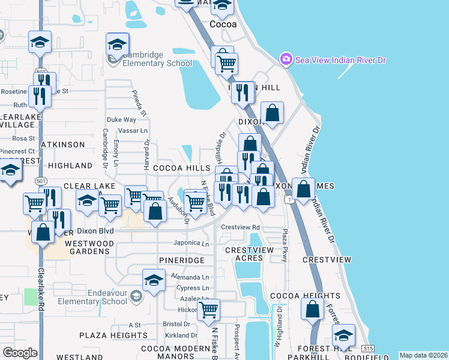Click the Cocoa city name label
point(223,25)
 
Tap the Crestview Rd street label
point(240,227)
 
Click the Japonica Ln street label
point(191,244)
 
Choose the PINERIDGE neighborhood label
point(182,260)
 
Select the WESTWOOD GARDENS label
point(89,247)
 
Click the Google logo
point(20,353)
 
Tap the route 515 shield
point(369,349)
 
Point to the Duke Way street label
point(121,119)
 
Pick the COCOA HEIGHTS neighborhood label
point(297,296)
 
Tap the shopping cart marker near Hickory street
point(208,310)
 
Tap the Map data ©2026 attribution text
point(423,355)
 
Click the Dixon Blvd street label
point(94,231)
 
